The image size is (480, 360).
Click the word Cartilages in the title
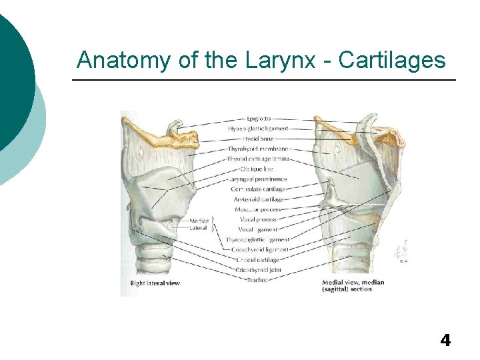click(392, 60)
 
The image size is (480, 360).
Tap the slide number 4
click(445, 341)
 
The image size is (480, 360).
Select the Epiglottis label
click(257, 119)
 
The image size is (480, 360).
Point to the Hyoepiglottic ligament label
click(258, 129)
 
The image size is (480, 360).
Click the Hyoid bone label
click(258, 139)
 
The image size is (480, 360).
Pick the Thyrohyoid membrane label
click(258, 149)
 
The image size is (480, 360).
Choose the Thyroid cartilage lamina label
click(258, 159)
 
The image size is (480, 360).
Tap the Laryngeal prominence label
click(258, 179)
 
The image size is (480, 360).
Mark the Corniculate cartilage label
click(258, 189)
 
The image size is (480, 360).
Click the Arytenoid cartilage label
click(258, 199)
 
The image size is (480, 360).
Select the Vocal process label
click(258, 219)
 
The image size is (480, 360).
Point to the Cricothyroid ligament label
click(258, 249)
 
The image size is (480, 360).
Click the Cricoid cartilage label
click(258, 259)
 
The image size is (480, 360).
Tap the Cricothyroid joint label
click(258, 269)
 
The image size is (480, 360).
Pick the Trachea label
click(257, 279)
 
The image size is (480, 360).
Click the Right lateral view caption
click(155, 283)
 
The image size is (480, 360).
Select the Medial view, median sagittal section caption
click(353, 285)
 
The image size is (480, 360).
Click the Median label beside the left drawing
click(199, 221)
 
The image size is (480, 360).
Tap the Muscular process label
click(258, 209)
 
